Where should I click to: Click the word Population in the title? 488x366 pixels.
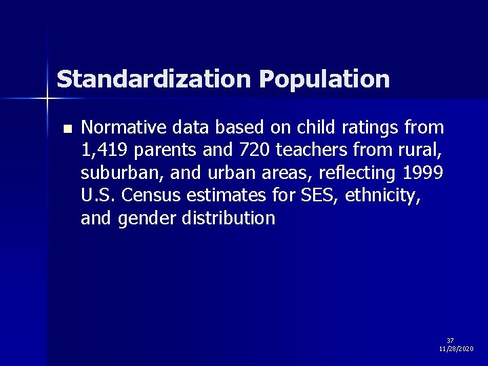(324, 79)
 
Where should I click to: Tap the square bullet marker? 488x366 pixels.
(66, 128)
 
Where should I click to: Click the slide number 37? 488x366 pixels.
(450, 340)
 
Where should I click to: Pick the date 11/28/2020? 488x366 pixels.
(456, 348)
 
